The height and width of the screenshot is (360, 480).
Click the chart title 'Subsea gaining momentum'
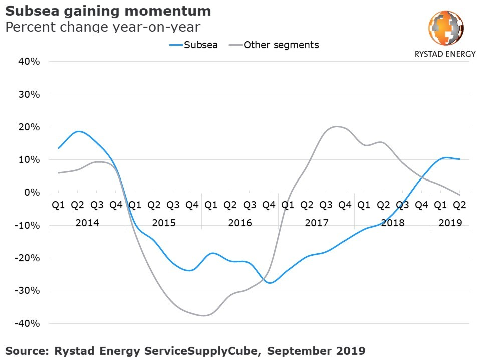(108, 11)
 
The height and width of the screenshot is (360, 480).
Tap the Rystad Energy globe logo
(445, 28)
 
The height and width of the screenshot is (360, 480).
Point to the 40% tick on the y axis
(29, 62)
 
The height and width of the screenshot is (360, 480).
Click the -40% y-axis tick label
(28, 323)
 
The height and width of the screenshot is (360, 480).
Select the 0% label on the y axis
(33, 193)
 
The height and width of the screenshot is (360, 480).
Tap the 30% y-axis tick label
(29, 94)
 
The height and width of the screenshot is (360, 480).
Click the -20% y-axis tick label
(28, 258)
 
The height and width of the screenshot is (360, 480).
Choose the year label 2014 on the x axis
(87, 223)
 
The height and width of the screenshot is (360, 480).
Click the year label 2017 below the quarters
(316, 223)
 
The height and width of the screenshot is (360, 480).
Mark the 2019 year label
(450, 223)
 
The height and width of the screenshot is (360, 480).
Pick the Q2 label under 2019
(459, 205)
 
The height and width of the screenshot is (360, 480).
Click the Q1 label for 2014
(59, 205)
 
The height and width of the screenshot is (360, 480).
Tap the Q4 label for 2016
(268, 205)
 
